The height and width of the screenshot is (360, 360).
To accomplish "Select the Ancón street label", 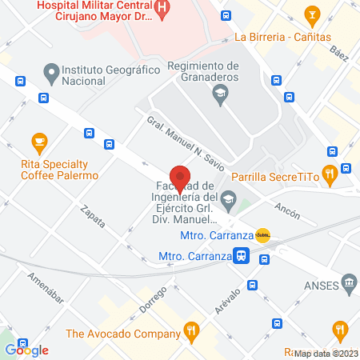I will pos(286,214).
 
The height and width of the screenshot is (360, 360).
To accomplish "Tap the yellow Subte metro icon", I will pos(263,236).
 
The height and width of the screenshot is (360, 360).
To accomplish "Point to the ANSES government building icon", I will pos(348,283).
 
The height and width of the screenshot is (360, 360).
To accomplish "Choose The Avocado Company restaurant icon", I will pos(190,330).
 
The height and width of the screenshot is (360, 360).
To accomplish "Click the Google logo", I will pos(26,350).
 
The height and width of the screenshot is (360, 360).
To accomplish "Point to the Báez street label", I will pos(339,54).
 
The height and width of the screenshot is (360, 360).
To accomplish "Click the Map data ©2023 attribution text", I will pos(326,354).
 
